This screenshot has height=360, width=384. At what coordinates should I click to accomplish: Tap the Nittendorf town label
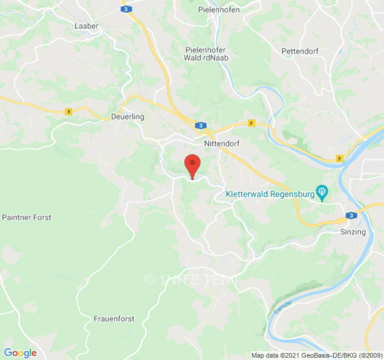click(221, 144)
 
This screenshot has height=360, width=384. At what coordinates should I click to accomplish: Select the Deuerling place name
click(127, 117)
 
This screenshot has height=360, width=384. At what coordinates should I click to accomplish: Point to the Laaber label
click(86, 26)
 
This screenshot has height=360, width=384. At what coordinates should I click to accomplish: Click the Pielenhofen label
click(219, 9)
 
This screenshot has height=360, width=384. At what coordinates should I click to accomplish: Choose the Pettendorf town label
click(300, 51)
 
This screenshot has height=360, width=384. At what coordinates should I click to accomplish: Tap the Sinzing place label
click(353, 232)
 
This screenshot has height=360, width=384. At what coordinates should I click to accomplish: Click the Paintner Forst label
click(27, 217)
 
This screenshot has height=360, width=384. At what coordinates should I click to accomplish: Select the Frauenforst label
click(114, 319)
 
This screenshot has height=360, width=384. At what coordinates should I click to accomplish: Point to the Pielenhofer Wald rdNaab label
click(206, 54)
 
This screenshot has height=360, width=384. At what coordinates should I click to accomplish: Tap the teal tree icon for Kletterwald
click(322, 193)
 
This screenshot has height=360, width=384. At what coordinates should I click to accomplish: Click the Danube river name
click(282, 308)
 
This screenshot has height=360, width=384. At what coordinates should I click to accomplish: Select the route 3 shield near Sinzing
click(351, 216)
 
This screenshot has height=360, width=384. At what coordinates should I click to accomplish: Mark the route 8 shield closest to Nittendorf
click(251, 123)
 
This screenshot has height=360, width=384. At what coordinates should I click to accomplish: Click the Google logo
click(20, 353)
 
